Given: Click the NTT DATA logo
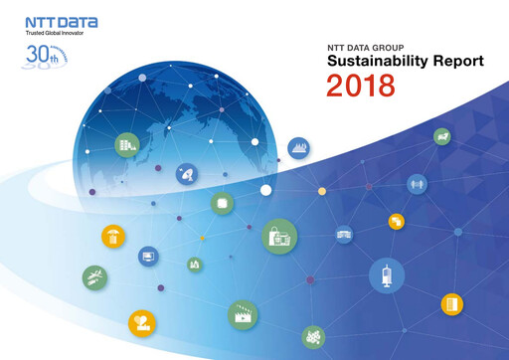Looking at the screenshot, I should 56,21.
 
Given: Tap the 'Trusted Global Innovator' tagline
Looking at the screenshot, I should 55,35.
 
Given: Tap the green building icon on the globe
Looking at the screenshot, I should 126,145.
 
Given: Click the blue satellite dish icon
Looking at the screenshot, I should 188,174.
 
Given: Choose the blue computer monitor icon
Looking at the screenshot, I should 148,257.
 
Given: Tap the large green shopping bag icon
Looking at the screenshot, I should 277,237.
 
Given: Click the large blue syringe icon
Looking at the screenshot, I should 386,275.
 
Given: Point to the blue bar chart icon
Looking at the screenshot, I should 299,149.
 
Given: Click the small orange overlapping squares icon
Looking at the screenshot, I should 396,222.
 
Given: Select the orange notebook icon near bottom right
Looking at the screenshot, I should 453,302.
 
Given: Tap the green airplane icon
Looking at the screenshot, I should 94,277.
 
